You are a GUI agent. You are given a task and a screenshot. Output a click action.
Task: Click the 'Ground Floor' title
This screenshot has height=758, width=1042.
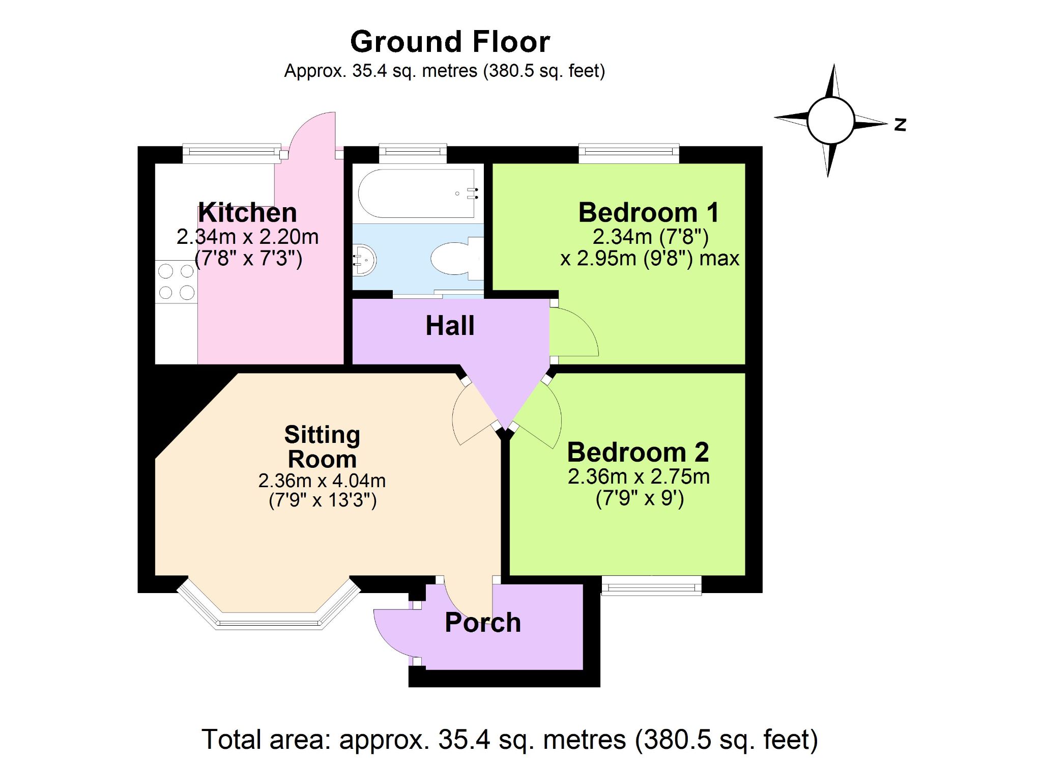point(450,42)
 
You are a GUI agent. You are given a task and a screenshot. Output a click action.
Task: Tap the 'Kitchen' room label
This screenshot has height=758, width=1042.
point(247,212)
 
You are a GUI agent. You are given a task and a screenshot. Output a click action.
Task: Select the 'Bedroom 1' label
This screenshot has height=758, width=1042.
point(649,212)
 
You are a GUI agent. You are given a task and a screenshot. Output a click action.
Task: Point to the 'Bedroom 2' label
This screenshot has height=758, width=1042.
point(638,452)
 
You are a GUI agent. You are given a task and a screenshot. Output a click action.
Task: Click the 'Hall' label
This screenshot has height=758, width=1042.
point(450,326)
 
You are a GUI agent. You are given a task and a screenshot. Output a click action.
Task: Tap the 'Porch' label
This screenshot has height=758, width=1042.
point(483,623)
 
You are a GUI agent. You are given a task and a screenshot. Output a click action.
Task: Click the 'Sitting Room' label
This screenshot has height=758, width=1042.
point(322,447)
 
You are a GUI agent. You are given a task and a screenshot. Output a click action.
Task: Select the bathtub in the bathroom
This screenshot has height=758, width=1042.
point(418,193)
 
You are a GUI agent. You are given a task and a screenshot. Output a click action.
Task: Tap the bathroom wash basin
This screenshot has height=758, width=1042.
point(364,260)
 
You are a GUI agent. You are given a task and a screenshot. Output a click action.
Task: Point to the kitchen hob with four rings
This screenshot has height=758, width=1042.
point(176,282)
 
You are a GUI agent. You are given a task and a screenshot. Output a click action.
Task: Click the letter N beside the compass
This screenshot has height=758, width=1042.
point(900,124)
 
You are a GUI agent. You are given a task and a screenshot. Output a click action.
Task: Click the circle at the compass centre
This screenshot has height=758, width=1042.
point(830,121)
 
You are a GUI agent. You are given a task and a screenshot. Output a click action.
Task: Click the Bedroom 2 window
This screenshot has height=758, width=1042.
point(652,585)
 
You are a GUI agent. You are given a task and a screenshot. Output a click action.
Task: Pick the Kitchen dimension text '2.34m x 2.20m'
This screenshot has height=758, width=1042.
point(247,237)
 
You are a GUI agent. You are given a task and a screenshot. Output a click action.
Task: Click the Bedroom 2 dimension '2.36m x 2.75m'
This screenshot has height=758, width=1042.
point(639,476)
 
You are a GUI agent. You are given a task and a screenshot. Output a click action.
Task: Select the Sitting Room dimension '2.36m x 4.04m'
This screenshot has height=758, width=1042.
point(322,481)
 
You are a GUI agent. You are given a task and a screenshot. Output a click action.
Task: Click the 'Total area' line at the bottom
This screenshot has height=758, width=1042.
point(510,740)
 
